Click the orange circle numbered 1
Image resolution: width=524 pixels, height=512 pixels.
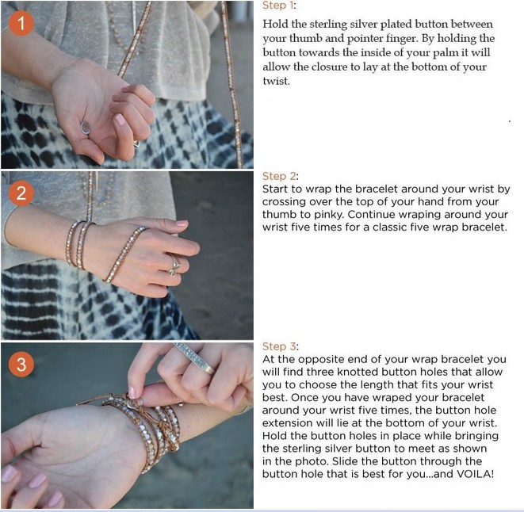click(x=21, y=24)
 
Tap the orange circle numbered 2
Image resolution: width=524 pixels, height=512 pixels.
click(x=21, y=193)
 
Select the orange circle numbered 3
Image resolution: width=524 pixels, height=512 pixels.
click(x=21, y=364)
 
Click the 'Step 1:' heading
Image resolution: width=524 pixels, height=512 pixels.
click(x=279, y=6)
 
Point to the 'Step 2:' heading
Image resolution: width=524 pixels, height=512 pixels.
click(x=280, y=176)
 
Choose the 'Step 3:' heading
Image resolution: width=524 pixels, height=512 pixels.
click(x=280, y=346)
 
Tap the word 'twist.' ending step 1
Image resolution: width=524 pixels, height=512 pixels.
click(x=276, y=81)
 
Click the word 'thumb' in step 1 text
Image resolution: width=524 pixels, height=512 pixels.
click(x=305, y=38)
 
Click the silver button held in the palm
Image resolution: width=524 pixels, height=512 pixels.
click(x=86, y=128)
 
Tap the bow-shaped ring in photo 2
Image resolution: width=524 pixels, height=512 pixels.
click(x=174, y=266)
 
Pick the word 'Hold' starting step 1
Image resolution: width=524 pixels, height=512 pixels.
click(x=275, y=25)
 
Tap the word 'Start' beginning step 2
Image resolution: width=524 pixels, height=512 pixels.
click(x=275, y=189)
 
